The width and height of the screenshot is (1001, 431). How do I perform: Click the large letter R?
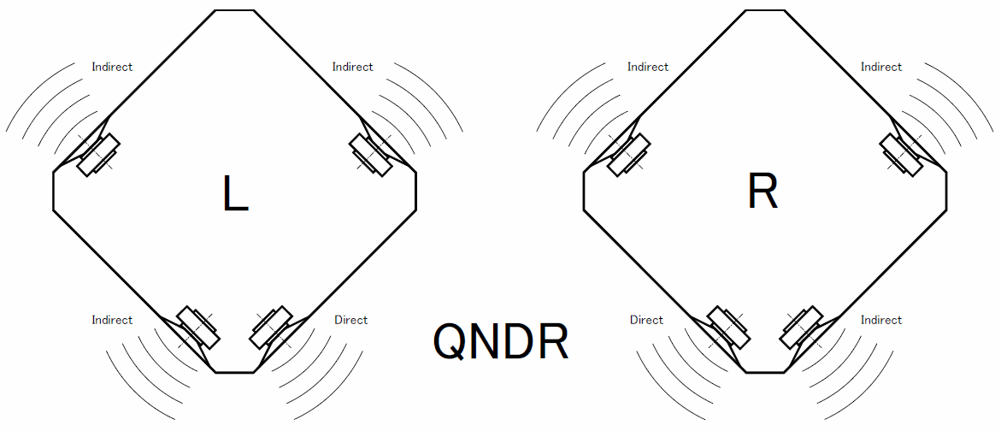tap(763, 193)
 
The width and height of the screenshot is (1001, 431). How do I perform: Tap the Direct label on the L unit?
tap(350, 320)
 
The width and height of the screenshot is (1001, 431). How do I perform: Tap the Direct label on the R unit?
tap(646, 320)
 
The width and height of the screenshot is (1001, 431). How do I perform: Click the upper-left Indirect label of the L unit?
tap(112, 67)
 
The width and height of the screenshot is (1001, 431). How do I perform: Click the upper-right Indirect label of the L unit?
tap(352, 67)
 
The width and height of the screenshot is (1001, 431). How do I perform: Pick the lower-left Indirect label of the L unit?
tap(112, 320)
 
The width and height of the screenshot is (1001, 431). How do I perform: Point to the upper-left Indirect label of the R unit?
tap(647, 67)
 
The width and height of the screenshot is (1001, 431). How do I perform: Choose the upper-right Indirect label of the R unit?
tap(880, 67)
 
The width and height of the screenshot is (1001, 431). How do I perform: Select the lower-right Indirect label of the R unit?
tap(880, 320)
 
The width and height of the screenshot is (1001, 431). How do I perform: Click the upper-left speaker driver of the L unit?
tap(98, 155)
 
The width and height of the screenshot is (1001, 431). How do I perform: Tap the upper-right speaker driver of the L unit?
tap(372, 155)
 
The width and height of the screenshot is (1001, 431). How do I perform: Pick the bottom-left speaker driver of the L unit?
tap(197, 327)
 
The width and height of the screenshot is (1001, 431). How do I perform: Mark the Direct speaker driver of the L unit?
tap(272, 327)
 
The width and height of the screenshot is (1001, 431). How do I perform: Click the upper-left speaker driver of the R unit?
tap(628, 155)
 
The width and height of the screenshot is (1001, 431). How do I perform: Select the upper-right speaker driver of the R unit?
tap(903, 155)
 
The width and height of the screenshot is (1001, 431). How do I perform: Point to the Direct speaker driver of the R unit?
tap(727, 327)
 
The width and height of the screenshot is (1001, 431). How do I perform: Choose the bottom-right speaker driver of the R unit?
tap(802, 327)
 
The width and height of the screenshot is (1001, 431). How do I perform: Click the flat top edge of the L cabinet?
tap(235, 10)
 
